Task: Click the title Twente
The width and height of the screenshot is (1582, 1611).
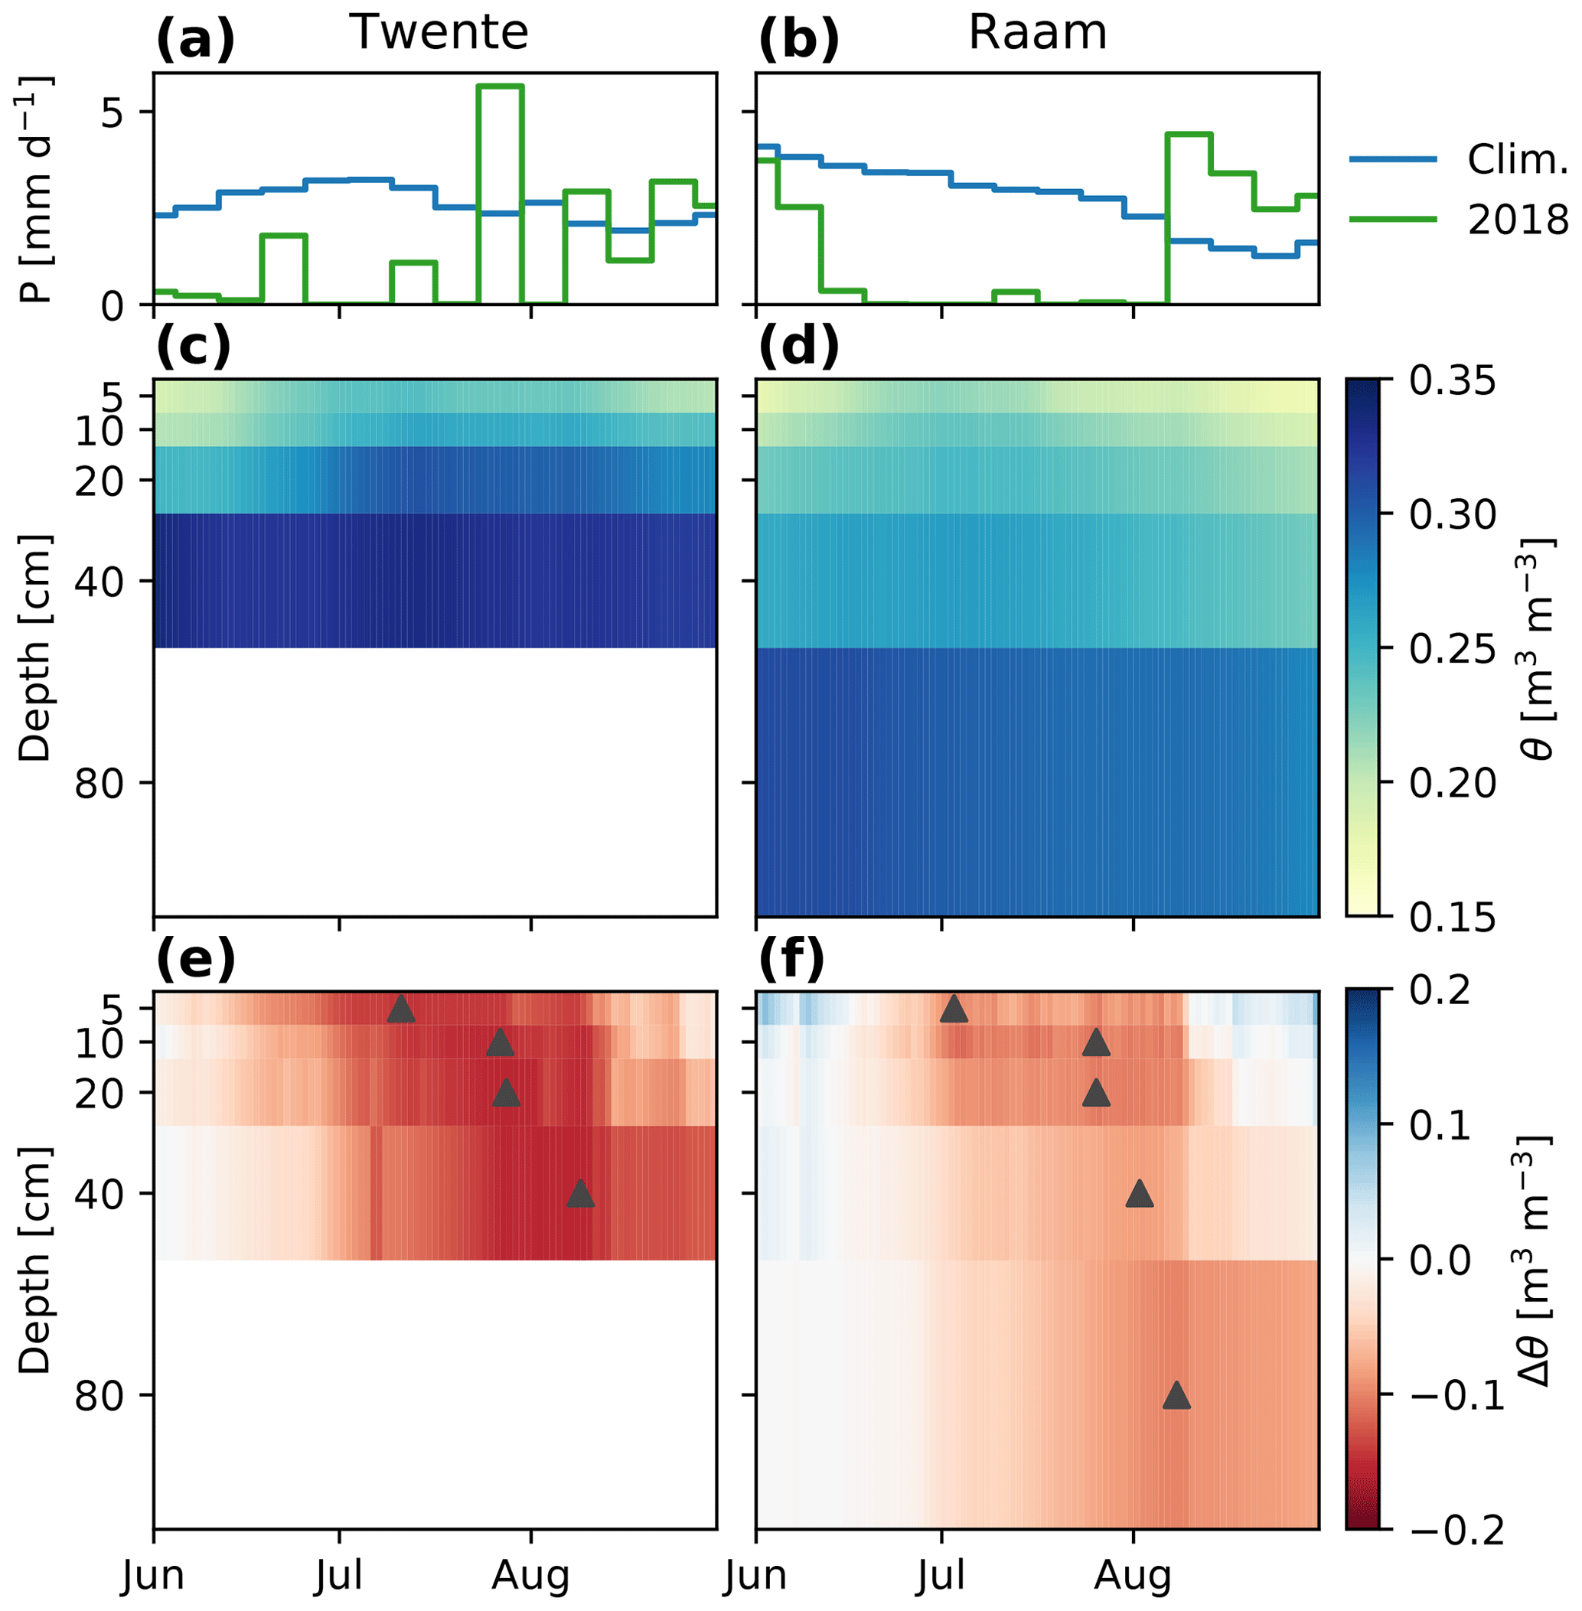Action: pos(439,33)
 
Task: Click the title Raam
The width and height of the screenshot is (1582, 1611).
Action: pos(1037,33)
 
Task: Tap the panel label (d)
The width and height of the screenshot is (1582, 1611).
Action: pos(798,347)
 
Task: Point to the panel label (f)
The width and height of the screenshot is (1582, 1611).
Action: pos(791,960)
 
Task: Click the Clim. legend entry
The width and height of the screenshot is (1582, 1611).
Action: pos(1516,159)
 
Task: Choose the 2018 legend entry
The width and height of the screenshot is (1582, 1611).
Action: pos(1516,220)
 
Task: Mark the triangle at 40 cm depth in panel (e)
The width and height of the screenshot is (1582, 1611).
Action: pos(580,1194)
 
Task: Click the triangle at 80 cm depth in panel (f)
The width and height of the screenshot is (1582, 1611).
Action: pos(1176,1396)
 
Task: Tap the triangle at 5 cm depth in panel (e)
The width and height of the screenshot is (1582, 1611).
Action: pos(400,1009)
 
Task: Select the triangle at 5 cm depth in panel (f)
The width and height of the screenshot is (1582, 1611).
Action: pos(953,1009)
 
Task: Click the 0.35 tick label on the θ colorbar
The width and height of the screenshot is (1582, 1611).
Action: pos(1452,380)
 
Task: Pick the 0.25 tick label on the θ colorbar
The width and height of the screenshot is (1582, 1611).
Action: pos(1452,649)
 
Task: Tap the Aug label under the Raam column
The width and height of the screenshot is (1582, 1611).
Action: pos(1133,1575)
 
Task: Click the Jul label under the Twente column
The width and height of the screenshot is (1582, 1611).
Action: pos(339,1575)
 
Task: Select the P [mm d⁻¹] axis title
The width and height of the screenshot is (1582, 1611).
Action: pos(35,190)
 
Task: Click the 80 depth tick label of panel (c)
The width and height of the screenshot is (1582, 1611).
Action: pos(100,783)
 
